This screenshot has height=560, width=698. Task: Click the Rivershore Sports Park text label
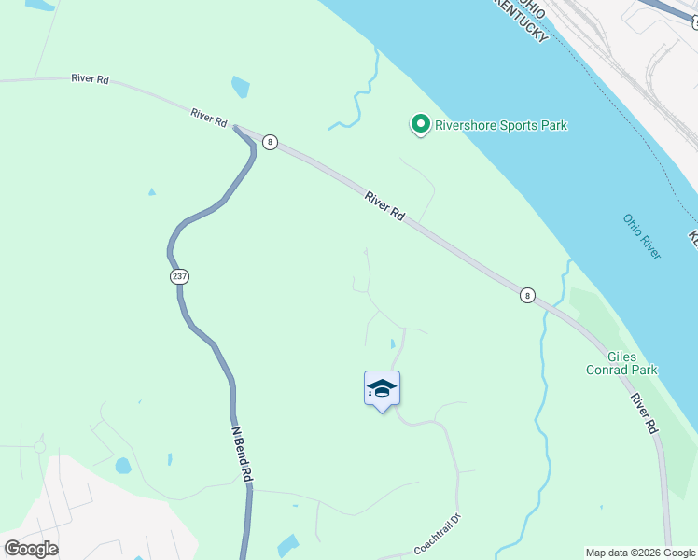(x=501, y=125)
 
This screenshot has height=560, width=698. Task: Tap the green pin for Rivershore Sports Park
(x=420, y=124)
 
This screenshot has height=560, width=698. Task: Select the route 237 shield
(x=179, y=276)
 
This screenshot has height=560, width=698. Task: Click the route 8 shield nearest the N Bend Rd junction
(x=270, y=142)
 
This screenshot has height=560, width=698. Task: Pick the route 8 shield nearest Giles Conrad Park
(x=528, y=295)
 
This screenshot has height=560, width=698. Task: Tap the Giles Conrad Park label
(x=632, y=363)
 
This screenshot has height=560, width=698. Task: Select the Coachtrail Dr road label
(x=439, y=535)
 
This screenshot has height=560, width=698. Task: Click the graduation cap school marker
(x=382, y=388)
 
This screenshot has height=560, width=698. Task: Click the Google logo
(x=31, y=549)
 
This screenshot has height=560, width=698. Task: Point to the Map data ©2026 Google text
(x=640, y=553)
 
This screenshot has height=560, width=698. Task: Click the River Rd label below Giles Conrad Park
(x=644, y=413)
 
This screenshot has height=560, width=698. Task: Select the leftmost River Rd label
(x=90, y=79)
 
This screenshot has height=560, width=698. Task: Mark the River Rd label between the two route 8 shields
(x=384, y=205)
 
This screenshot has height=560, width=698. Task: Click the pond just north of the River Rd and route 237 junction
(x=241, y=88)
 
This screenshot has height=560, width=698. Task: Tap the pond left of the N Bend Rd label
(x=123, y=465)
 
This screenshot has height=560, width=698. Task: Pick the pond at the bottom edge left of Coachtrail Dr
(x=287, y=546)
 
